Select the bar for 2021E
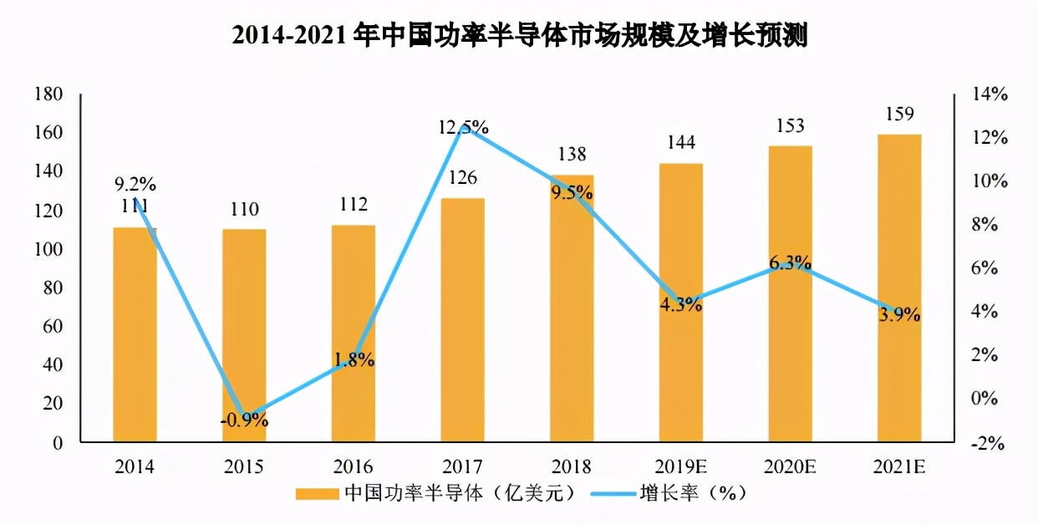click(899, 288)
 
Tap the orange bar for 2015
click(244, 335)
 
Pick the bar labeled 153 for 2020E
click(790, 293)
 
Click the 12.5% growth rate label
click(463, 128)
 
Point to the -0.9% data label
click(244, 421)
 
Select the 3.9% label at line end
click(899, 315)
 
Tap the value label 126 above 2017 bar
click(462, 178)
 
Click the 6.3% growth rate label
click(790, 263)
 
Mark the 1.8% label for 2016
click(354, 360)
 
